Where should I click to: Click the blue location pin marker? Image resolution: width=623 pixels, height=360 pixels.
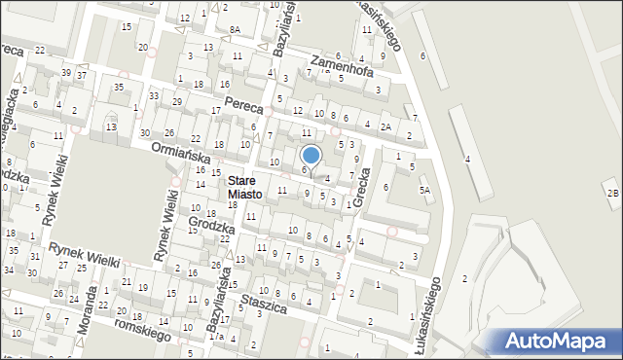click(x=311, y=156)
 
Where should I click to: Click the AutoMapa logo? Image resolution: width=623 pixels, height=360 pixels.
click(x=560, y=341)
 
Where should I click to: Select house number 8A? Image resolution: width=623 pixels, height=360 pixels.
click(x=235, y=30)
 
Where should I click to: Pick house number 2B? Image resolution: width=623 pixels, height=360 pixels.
click(x=611, y=194)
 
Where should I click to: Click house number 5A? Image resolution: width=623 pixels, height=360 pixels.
click(x=424, y=191)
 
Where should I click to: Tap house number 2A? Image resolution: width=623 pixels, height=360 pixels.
click(x=386, y=126)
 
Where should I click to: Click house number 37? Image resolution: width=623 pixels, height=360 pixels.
click(x=83, y=76)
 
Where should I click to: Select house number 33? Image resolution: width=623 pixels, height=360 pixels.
click(x=154, y=95)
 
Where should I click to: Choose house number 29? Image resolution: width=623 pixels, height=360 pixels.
click(x=177, y=101)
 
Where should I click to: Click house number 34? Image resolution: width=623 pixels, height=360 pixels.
click(x=8, y=270)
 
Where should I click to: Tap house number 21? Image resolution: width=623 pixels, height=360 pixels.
click(x=127, y=282)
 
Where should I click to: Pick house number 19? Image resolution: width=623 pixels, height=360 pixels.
click(x=143, y=288)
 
